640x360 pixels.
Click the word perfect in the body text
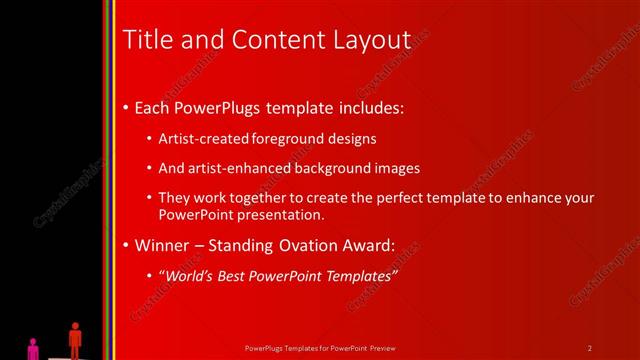click(x=375, y=199)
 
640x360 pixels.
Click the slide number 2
click(x=590, y=347)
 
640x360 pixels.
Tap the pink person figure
click(x=33, y=347)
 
